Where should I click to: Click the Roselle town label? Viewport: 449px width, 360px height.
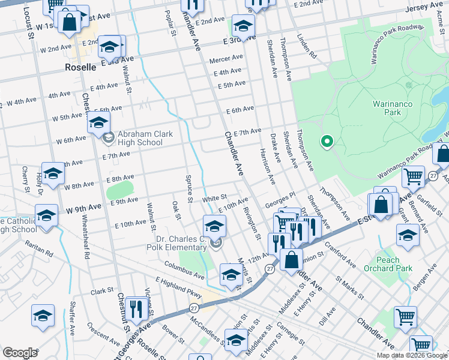pyautogui.click(x=80, y=68)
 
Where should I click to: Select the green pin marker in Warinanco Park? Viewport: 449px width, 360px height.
pyautogui.click(x=327, y=142)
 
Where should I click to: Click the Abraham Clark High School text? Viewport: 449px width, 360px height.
pyautogui.click(x=140, y=138)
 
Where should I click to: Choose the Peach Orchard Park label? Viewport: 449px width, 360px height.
pyautogui.click(x=388, y=264)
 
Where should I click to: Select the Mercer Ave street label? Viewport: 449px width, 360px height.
pyautogui.click(x=226, y=59)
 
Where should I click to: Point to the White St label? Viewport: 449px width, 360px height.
pyautogui.click(x=214, y=197)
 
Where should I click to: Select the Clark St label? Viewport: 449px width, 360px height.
pyautogui.click(x=102, y=291)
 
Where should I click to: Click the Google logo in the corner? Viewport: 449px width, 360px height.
pyautogui.click(x=20, y=353)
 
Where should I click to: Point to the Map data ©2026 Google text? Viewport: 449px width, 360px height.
pyautogui.click(x=412, y=355)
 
